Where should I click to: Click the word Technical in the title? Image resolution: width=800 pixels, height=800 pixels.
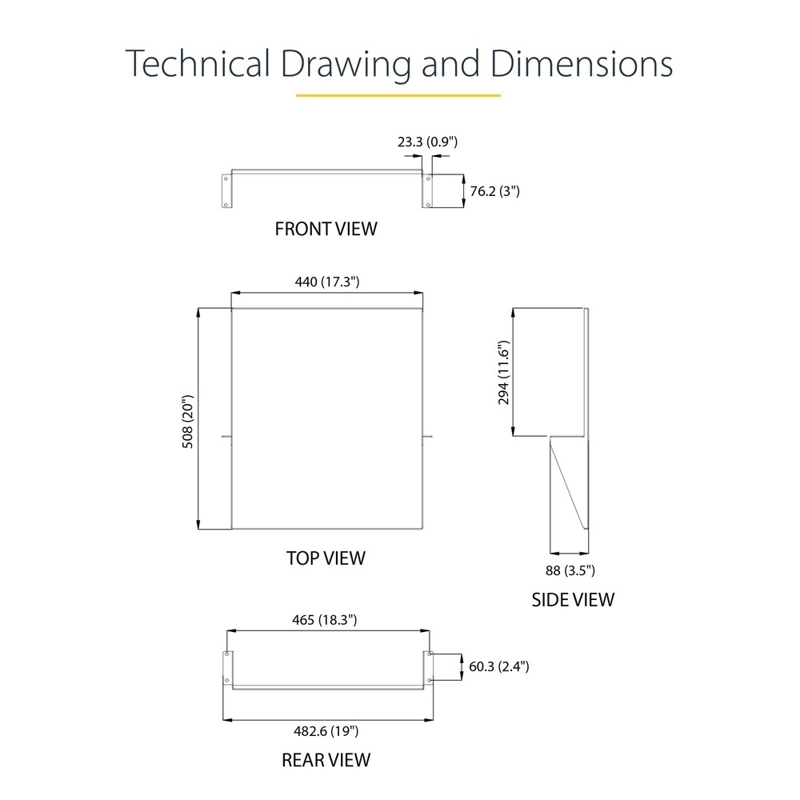[198, 63]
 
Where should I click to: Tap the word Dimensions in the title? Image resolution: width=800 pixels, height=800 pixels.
[581, 63]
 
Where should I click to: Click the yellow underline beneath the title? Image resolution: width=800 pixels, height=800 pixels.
[398, 95]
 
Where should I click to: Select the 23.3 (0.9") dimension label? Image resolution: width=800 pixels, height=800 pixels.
[427, 142]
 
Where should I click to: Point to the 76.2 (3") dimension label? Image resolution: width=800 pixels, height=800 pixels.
[494, 191]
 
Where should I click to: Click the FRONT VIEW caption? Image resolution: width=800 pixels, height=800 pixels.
[326, 229]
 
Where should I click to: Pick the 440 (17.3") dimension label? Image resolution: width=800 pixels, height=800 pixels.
[327, 282]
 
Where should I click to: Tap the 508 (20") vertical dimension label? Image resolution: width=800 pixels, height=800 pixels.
[188, 422]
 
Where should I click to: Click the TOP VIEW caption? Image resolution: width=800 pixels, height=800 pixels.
[326, 558]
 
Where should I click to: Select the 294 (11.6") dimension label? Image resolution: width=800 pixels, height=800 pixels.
[503, 373]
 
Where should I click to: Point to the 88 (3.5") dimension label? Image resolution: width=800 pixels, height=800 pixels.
[570, 570]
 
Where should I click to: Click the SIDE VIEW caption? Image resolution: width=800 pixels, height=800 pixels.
[573, 599]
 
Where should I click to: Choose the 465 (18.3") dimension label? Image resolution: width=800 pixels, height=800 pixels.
[325, 619]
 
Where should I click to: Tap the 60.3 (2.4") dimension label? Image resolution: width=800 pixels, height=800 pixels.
[499, 666]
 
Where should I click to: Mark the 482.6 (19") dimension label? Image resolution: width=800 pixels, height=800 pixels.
[326, 731]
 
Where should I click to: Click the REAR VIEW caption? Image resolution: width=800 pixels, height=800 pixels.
[326, 760]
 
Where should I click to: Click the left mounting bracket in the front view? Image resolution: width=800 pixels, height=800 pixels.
[226, 191]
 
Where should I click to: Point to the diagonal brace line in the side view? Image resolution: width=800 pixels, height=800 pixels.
[567, 485]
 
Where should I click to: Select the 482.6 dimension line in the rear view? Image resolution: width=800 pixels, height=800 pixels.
[328, 721]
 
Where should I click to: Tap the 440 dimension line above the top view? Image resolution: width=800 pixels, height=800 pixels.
[327, 293]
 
